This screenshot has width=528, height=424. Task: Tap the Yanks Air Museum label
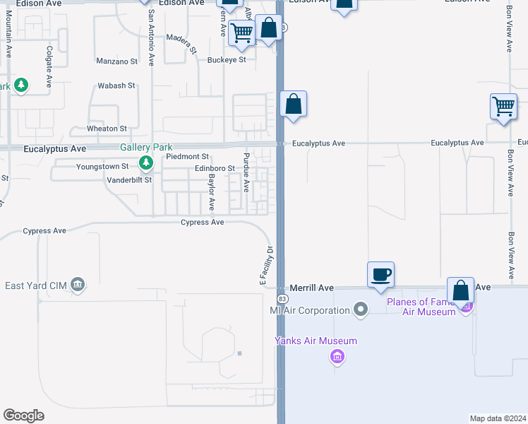tap(316, 341)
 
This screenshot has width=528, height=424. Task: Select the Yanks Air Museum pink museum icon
tap(337, 355)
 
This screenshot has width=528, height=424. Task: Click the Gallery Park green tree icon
tap(146, 163)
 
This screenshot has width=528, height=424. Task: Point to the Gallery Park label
tap(146, 147)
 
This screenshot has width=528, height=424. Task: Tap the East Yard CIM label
tap(37, 285)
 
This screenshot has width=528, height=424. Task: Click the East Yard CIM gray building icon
tap(78, 285)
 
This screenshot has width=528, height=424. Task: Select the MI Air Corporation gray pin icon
tap(361, 310)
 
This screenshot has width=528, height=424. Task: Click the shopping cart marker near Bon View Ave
tap(503, 107)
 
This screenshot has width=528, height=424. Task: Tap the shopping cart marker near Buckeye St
tap(242, 33)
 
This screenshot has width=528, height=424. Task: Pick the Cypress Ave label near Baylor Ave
tap(203, 222)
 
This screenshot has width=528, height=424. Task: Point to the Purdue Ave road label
tap(246, 172)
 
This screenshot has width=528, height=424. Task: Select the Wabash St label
tap(116, 86)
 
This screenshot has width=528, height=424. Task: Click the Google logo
tap(23, 416)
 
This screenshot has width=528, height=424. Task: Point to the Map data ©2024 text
tap(498, 418)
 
